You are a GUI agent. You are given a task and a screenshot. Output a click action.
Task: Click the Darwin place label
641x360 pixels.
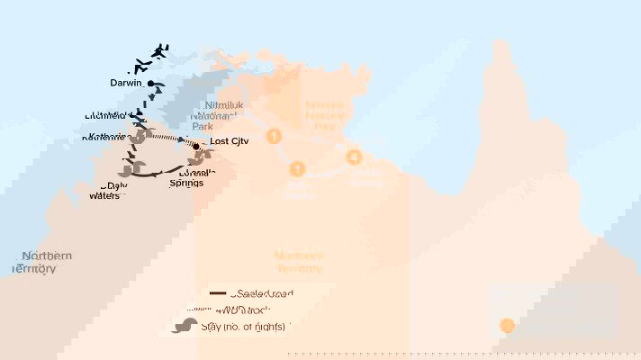pos(126,83)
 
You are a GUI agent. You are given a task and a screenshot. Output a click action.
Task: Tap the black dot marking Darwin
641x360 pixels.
pos(152,85)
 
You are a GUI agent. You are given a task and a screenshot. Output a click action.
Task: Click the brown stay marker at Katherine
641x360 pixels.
pos(140,137)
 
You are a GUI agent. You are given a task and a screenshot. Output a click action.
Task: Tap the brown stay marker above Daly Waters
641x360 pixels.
pos(127,168)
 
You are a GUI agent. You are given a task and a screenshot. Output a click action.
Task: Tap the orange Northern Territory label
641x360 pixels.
pos(300,262)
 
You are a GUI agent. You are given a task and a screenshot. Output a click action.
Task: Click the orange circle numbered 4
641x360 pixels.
pos(354,157)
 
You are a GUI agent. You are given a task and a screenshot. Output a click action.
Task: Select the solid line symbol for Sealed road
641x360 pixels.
pos(217,293)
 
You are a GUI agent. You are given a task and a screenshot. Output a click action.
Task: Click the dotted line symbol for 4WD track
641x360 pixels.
pos(217,309)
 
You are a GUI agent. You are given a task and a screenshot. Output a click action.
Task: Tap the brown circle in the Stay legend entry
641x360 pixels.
pos(191,326)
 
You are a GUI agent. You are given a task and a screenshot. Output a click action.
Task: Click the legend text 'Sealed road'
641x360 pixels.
pos(262,293)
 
